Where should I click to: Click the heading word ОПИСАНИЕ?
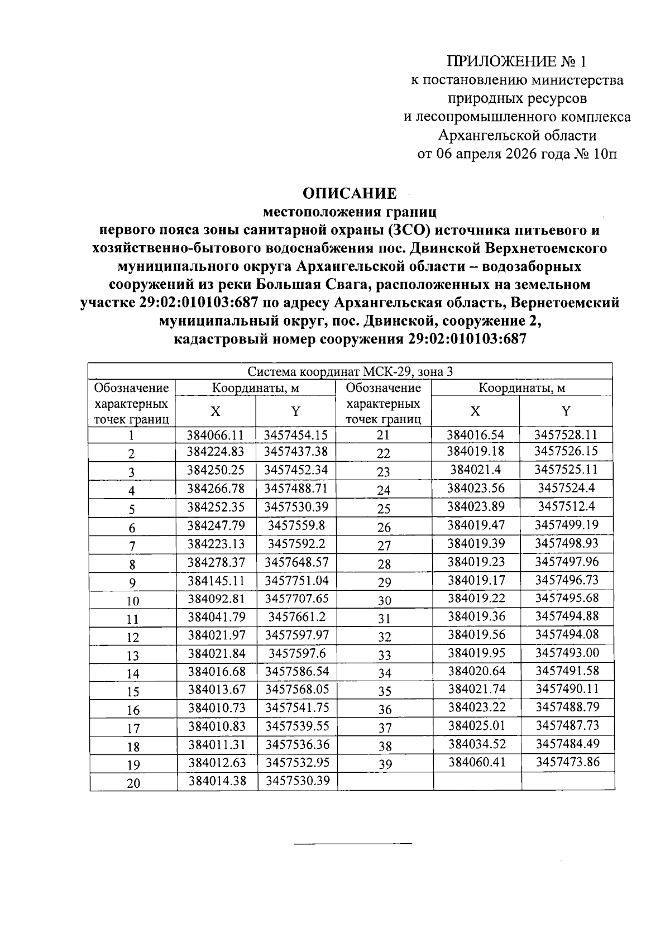click(x=350, y=193)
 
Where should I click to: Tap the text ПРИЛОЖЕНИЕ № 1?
click(x=517, y=61)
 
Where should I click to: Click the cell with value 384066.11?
click(x=216, y=435)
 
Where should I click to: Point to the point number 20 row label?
click(x=133, y=783)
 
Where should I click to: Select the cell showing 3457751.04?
click(x=296, y=580)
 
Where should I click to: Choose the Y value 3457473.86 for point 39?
click(x=567, y=762)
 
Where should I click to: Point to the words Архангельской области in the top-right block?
click(x=517, y=135)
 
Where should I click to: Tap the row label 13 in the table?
click(x=133, y=656)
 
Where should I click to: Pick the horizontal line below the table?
click(x=353, y=842)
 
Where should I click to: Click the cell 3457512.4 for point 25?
click(x=567, y=506)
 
